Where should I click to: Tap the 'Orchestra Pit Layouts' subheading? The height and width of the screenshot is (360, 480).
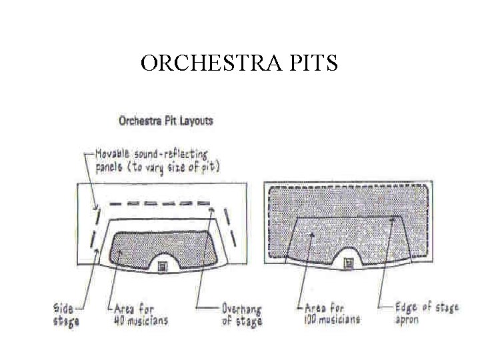165,121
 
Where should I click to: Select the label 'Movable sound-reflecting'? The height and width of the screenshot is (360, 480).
152,154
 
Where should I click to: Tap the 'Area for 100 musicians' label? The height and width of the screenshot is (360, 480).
331,314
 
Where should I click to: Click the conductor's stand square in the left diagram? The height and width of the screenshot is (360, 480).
161,266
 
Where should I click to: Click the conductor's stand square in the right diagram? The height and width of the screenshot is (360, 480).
347,264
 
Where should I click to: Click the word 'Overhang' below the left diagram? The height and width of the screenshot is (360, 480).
241,310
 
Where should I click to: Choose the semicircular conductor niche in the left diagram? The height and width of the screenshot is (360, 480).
161,256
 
